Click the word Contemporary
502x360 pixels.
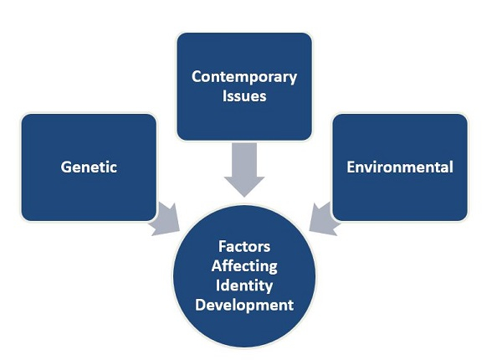pyautogui.click(x=244, y=78)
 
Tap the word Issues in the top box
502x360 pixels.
pyautogui.click(x=244, y=96)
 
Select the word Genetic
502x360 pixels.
pyautogui.click(x=89, y=167)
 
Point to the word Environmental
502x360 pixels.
pyautogui.click(x=400, y=167)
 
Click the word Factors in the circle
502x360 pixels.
pyautogui.click(x=244, y=247)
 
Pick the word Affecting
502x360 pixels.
pyautogui.click(x=244, y=266)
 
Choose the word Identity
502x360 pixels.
pyautogui.click(x=244, y=285)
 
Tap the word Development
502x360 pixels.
pyautogui.click(x=244, y=305)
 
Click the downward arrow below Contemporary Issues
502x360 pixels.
pyautogui.click(x=244, y=170)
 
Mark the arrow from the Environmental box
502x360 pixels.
pyautogui.click(x=323, y=219)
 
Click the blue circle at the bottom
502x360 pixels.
pyautogui.click(x=244, y=276)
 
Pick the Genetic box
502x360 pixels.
pyautogui.click(x=89, y=167)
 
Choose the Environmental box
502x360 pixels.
pyautogui.click(x=400, y=167)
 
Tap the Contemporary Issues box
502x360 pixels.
pyautogui.click(x=244, y=86)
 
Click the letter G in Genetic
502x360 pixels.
pyautogui.click(x=65, y=167)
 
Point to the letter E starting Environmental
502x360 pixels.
pyautogui.click(x=351, y=167)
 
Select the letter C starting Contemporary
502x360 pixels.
pyautogui.click(x=197, y=77)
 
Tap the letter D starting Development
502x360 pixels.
pyautogui.click(x=200, y=305)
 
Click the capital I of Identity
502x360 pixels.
pyautogui.click(x=218, y=285)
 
